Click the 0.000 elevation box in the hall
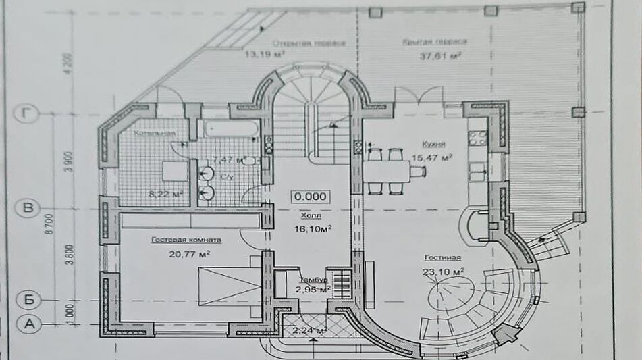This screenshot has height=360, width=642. pos(311,197)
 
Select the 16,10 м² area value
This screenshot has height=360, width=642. pos(312,229)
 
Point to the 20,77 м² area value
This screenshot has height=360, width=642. pos(190,254)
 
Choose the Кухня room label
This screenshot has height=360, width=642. pos(433,144)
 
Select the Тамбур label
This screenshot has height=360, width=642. pos(314,279)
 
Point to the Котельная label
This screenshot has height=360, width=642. pos(154,134)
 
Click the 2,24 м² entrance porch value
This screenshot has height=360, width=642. pos(310,330)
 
